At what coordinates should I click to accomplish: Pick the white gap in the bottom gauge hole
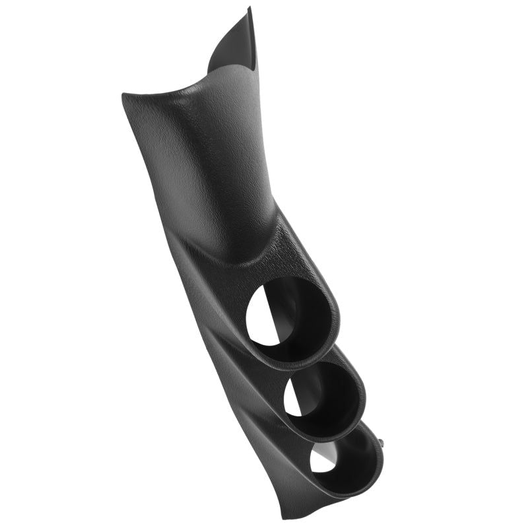pyautogui.click(x=321, y=459)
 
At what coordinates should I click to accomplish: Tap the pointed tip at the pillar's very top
pyautogui.click(x=249, y=9)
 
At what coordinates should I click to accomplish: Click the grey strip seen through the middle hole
pyautogui.click(x=309, y=393)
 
